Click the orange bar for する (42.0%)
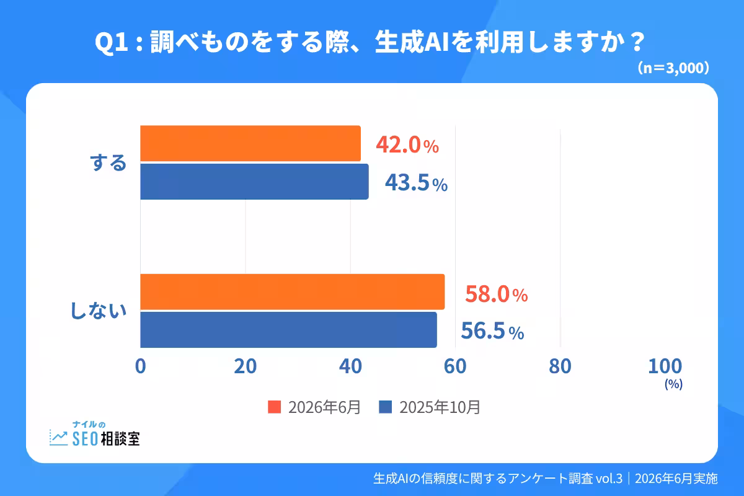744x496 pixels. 250,143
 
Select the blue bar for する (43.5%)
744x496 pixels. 254,182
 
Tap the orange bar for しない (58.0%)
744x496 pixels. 292,291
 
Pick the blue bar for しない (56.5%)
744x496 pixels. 289,330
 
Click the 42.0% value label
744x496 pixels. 407,144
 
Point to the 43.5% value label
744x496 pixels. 416,182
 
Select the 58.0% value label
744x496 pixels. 496,294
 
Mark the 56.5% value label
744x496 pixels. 492,331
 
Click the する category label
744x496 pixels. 108,163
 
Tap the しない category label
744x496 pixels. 99,311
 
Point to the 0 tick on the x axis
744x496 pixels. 141,366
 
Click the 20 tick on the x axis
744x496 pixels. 246,366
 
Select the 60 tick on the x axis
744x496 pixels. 455,366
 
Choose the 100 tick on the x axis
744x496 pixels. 665,366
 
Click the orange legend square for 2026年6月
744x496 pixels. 274,407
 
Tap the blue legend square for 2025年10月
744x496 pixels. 385,407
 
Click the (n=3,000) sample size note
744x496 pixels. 673,68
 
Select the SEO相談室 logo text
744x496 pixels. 106,438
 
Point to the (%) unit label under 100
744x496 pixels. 673,384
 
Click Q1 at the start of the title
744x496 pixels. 112,42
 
